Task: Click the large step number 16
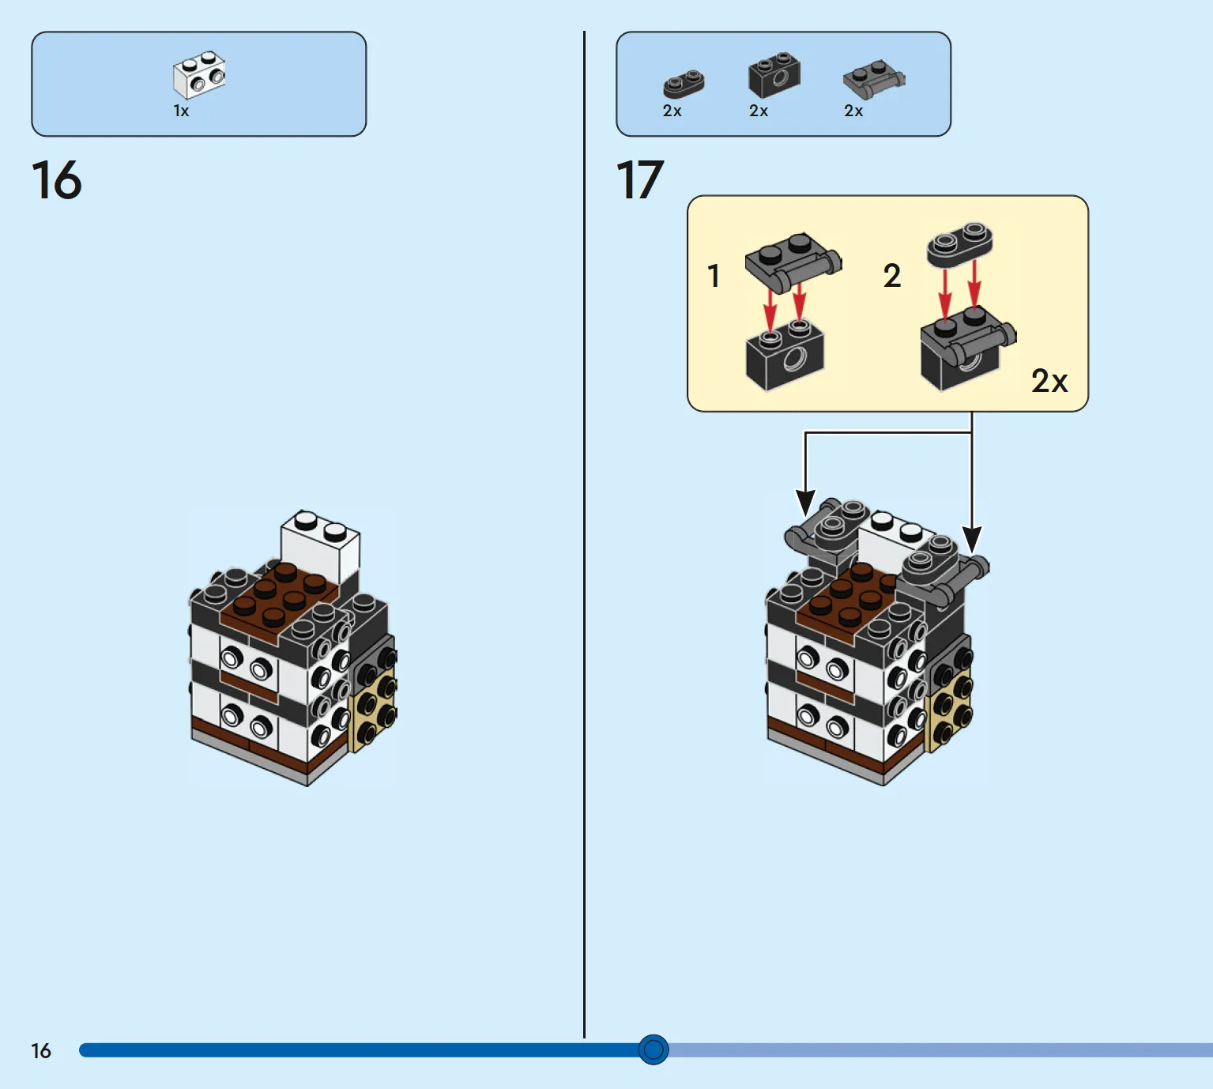(x=56, y=179)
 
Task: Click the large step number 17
(x=639, y=179)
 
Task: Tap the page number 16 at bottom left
(x=41, y=1051)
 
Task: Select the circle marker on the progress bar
(x=654, y=1049)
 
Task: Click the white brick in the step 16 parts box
(x=199, y=75)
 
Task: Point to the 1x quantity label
(x=181, y=111)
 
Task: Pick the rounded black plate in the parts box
(x=684, y=84)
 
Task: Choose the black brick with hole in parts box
(x=774, y=75)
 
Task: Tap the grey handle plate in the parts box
(x=874, y=79)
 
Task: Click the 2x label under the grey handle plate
(x=853, y=111)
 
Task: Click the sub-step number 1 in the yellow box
(x=713, y=276)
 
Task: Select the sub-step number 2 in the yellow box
(x=892, y=276)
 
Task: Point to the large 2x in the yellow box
(x=1049, y=381)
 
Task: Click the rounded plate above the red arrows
(x=960, y=243)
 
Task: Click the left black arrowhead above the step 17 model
(x=805, y=502)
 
